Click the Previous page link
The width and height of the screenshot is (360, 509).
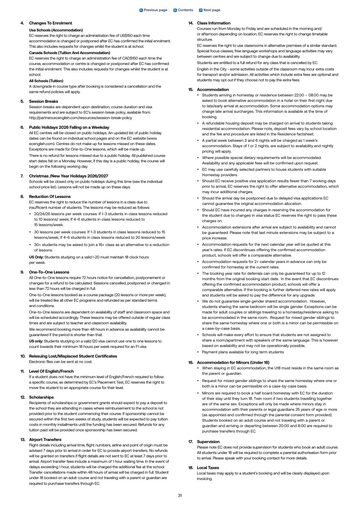(153, 10)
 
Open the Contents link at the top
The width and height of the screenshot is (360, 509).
(183, 10)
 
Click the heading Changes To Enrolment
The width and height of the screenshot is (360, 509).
(50, 23)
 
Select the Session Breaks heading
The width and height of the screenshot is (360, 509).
(44, 101)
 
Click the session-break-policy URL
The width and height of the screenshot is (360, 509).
(80, 118)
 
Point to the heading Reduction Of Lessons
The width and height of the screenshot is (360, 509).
(50, 196)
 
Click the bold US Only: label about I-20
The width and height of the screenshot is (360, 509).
(36, 257)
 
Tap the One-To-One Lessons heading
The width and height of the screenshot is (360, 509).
(49, 272)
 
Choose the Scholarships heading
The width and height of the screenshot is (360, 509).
(41, 397)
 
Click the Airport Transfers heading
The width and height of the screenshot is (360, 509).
(45, 439)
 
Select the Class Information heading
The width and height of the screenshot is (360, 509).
(213, 23)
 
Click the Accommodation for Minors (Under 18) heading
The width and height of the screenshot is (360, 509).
(233, 362)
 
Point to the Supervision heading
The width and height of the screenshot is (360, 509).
(208, 442)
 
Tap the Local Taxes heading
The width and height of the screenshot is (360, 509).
(208, 468)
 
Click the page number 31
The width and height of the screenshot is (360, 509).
(180, 495)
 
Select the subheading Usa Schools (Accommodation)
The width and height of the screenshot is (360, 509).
(56, 30)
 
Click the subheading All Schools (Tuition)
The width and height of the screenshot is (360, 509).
(46, 81)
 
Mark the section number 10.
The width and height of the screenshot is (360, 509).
(23, 356)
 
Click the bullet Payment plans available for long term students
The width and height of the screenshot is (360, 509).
(243, 352)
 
